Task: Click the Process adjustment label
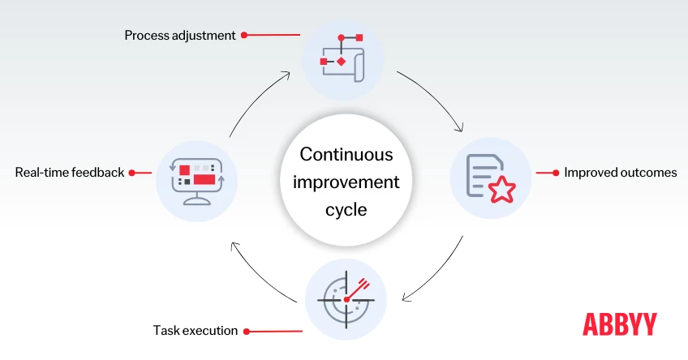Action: pos(180,36)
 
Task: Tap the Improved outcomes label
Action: pos(621,173)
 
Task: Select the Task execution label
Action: pos(196,331)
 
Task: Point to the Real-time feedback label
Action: pos(70,173)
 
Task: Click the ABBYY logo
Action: pos(620,324)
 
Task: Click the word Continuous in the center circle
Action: pos(346,154)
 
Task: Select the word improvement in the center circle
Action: pos(346,182)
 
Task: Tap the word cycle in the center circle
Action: pos(346,209)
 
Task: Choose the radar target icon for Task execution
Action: pos(346,298)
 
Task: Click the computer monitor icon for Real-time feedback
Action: pos(196,178)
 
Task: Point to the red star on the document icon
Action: pos(502,189)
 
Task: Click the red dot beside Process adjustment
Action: pos(244,36)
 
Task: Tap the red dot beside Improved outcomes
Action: pos(556,173)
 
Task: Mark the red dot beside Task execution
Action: pos(247,331)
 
